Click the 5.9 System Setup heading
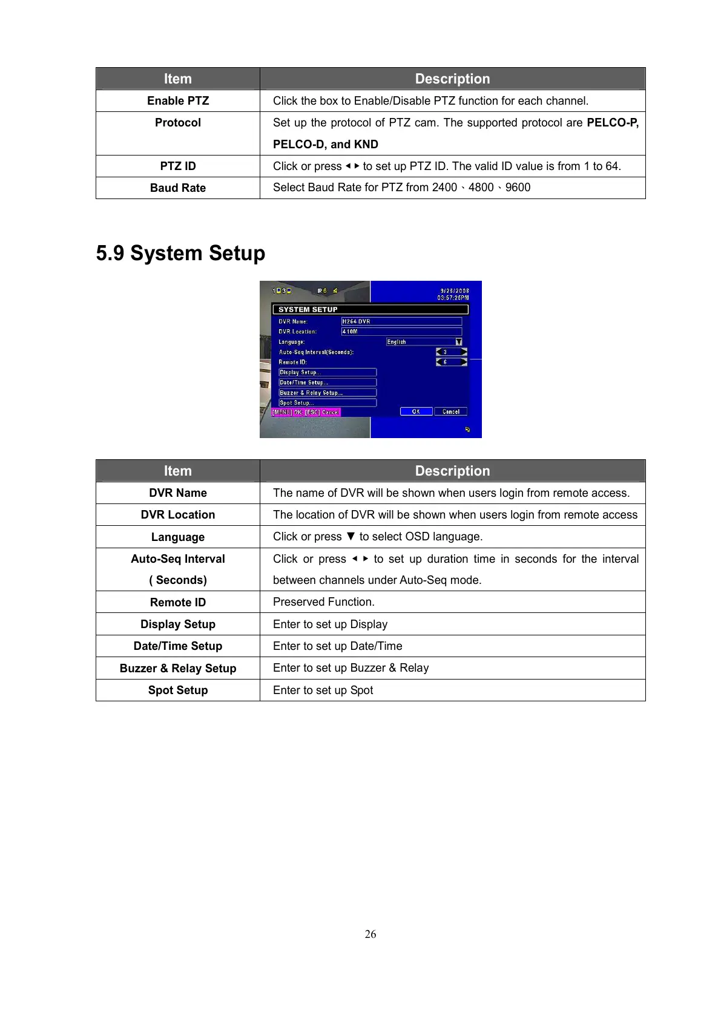[x=180, y=253]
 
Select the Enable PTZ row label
[x=178, y=101]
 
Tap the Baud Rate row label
[x=178, y=188]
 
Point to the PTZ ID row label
[x=178, y=166]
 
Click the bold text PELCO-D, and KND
[x=326, y=145]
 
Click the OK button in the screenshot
[x=416, y=411]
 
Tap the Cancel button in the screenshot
[x=451, y=411]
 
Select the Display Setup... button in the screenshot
[x=328, y=372]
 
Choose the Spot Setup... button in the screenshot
[x=328, y=402]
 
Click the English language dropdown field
[x=424, y=342]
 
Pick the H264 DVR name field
[x=401, y=321]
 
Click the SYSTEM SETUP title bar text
[x=308, y=309]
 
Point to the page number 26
[x=370, y=934]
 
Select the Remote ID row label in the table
[x=178, y=603]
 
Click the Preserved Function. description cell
[x=324, y=602]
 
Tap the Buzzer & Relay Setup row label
[x=178, y=669]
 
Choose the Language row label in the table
[x=178, y=537]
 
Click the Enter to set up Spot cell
[x=323, y=690]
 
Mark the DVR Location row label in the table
[x=178, y=515]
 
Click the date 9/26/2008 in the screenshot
[x=454, y=291]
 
